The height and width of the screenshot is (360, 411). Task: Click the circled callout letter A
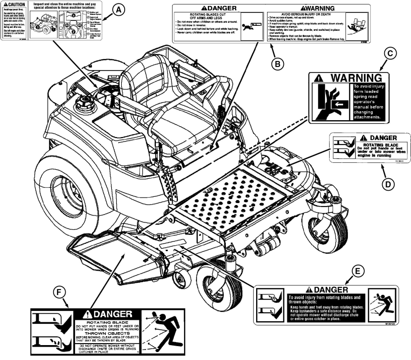pyautogui.click(x=118, y=8)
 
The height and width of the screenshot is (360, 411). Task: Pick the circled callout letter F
pyautogui.click(x=60, y=294)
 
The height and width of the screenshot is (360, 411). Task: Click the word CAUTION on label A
pyautogui.click(x=15, y=4)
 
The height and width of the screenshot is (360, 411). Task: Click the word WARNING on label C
pyautogui.click(x=353, y=78)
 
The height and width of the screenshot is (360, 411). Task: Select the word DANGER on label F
pyautogui.click(x=110, y=314)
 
